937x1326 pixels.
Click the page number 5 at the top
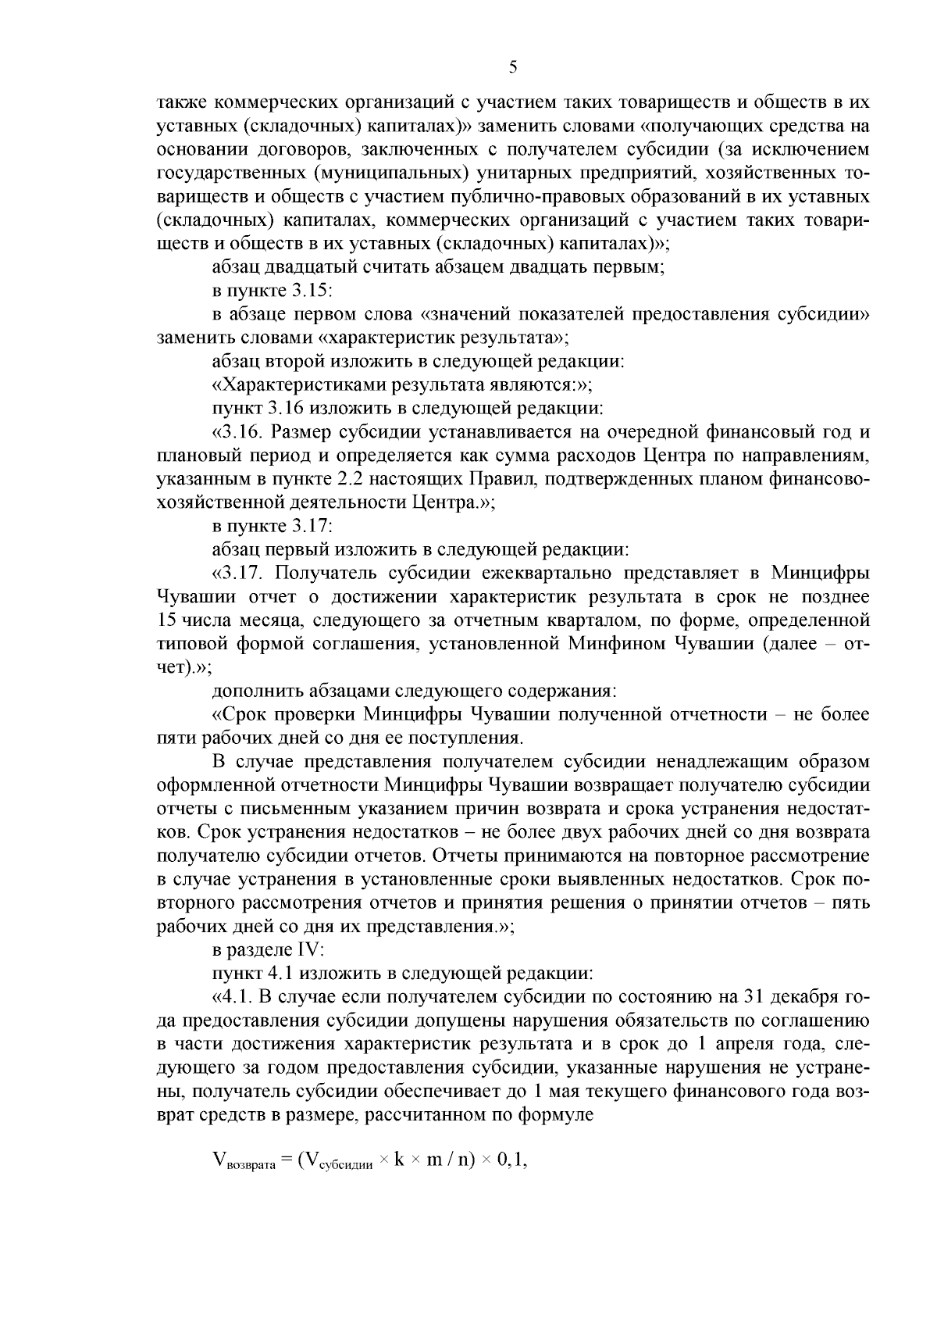512,67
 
